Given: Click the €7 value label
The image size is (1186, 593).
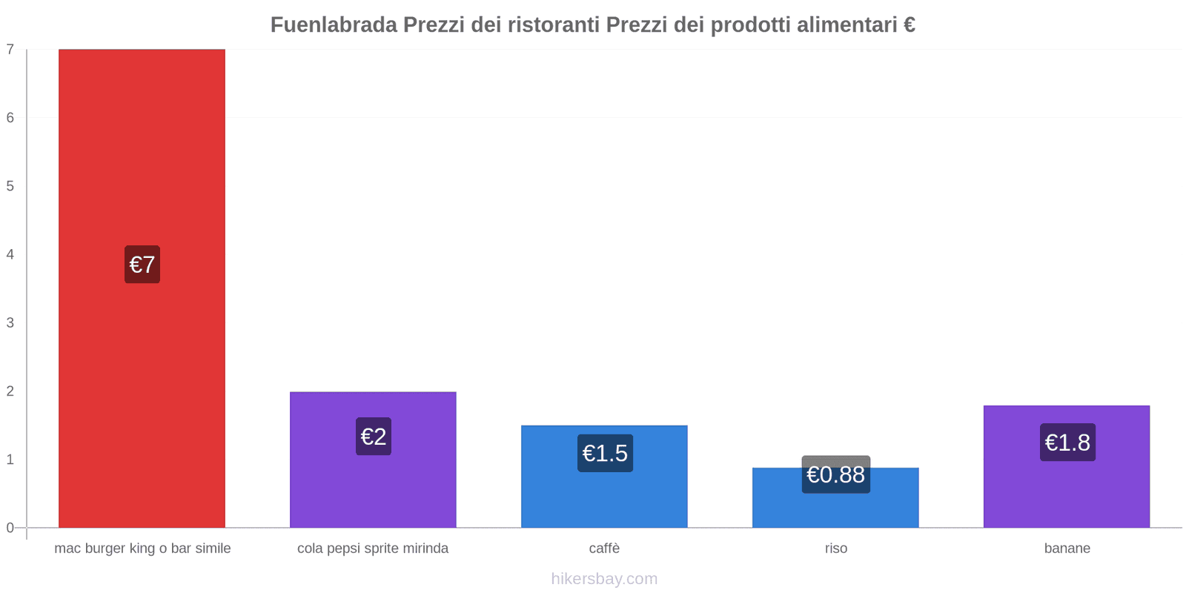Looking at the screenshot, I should point(142,265).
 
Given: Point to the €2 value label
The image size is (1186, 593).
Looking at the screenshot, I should point(374,437).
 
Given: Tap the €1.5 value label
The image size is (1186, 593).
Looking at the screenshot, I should point(605,453).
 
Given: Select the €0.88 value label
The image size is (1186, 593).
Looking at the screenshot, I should point(835,474).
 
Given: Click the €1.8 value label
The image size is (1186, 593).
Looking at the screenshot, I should point(1067,443).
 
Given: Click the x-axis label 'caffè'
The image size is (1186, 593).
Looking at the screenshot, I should point(604,549).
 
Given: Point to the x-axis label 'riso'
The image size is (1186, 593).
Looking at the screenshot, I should point(835,549).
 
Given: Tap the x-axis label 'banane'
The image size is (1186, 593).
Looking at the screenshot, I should point(1067,549).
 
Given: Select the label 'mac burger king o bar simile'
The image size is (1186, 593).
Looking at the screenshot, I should point(142,549).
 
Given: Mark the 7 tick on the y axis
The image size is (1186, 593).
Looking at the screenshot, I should point(10,50).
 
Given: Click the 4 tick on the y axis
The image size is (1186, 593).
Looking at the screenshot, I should point(10,254).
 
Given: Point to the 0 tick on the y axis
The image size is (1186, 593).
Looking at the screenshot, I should point(10,528).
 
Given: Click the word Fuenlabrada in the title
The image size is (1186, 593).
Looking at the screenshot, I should point(334,25).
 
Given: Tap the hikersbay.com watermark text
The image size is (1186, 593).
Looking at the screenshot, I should point(604,579).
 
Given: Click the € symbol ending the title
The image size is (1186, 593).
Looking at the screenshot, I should point(910,25).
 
